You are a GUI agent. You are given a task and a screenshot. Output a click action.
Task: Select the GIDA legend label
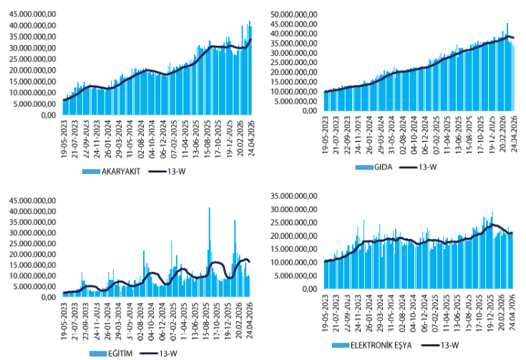(382, 167)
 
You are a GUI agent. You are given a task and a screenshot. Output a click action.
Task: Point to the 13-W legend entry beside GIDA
(424, 167)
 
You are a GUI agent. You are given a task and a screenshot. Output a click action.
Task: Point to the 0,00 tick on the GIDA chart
(309, 111)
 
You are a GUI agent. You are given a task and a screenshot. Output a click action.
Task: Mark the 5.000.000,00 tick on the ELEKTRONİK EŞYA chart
(293, 276)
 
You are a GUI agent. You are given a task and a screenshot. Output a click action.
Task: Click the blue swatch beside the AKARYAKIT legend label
(90, 172)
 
